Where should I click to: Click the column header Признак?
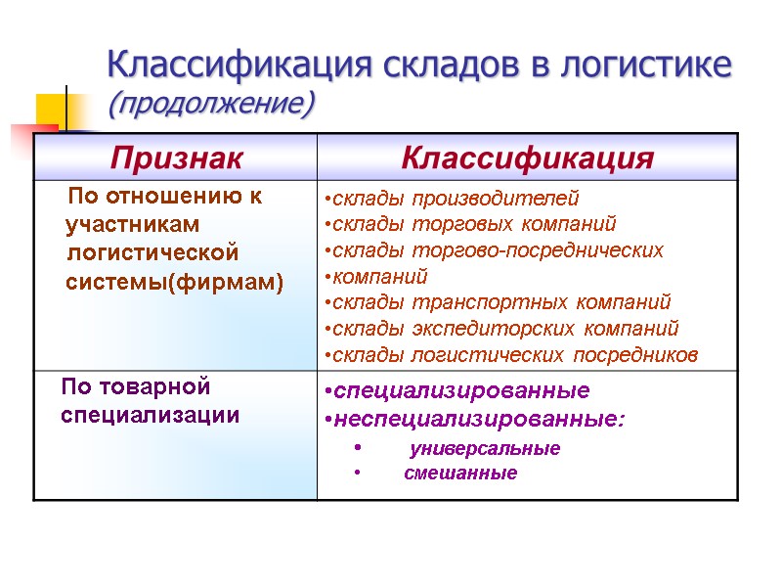pos(176,158)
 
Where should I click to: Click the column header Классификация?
pos(527,158)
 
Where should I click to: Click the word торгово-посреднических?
pos(563,250)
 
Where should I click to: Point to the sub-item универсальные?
pos(485,449)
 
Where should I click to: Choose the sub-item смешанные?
pos(460,474)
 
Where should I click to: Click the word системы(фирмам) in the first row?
pos(174,284)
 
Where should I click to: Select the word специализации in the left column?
pos(150,416)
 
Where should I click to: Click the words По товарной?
pos(135,387)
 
